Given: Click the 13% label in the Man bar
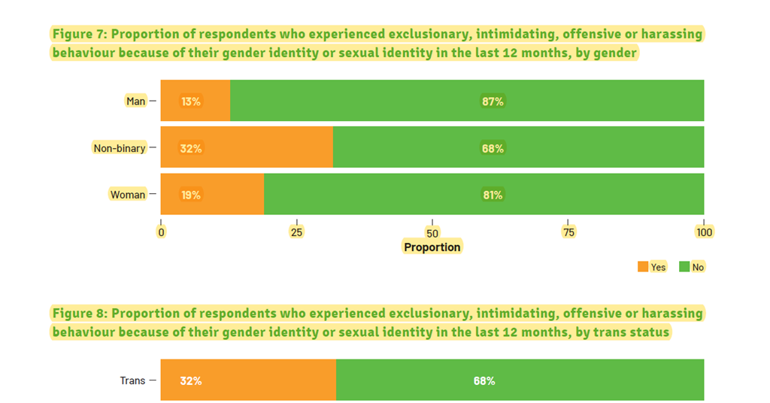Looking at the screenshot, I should pyautogui.click(x=191, y=101).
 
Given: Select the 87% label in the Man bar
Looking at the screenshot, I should pyautogui.click(x=493, y=101).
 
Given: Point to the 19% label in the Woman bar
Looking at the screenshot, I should pyautogui.click(x=191, y=195).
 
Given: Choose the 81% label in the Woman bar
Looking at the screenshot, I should pyautogui.click(x=493, y=195).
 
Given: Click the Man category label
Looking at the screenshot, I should pyautogui.click(x=135, y=101).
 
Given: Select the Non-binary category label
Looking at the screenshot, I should pyautogui.click(x=119, y=148).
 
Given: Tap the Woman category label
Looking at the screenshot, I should pyautogui.click(x=128, y=195).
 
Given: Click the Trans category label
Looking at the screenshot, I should pyautogui.click(x=132, y=380).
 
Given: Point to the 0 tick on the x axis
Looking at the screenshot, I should pyautogui.click(x=161, y=232).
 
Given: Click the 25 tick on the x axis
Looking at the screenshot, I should pyautogui.click(x=297, y=232).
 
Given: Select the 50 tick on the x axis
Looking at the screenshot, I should pyautogui.click(x=432, y=232).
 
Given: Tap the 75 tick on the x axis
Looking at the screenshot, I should pyautogui.click(x=568, y=232).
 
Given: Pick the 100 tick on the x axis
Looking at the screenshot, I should pyautogui.click(x=704, y=232).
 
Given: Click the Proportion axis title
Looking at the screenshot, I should pyautogui.click(x=432, y=247).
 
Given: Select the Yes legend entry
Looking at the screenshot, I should pyautogui.click(x=652, y=267).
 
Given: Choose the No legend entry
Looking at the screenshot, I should pyautogui.click(x=692, y=267).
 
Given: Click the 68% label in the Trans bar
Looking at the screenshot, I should pyautogui.click(x=484, y=380).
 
